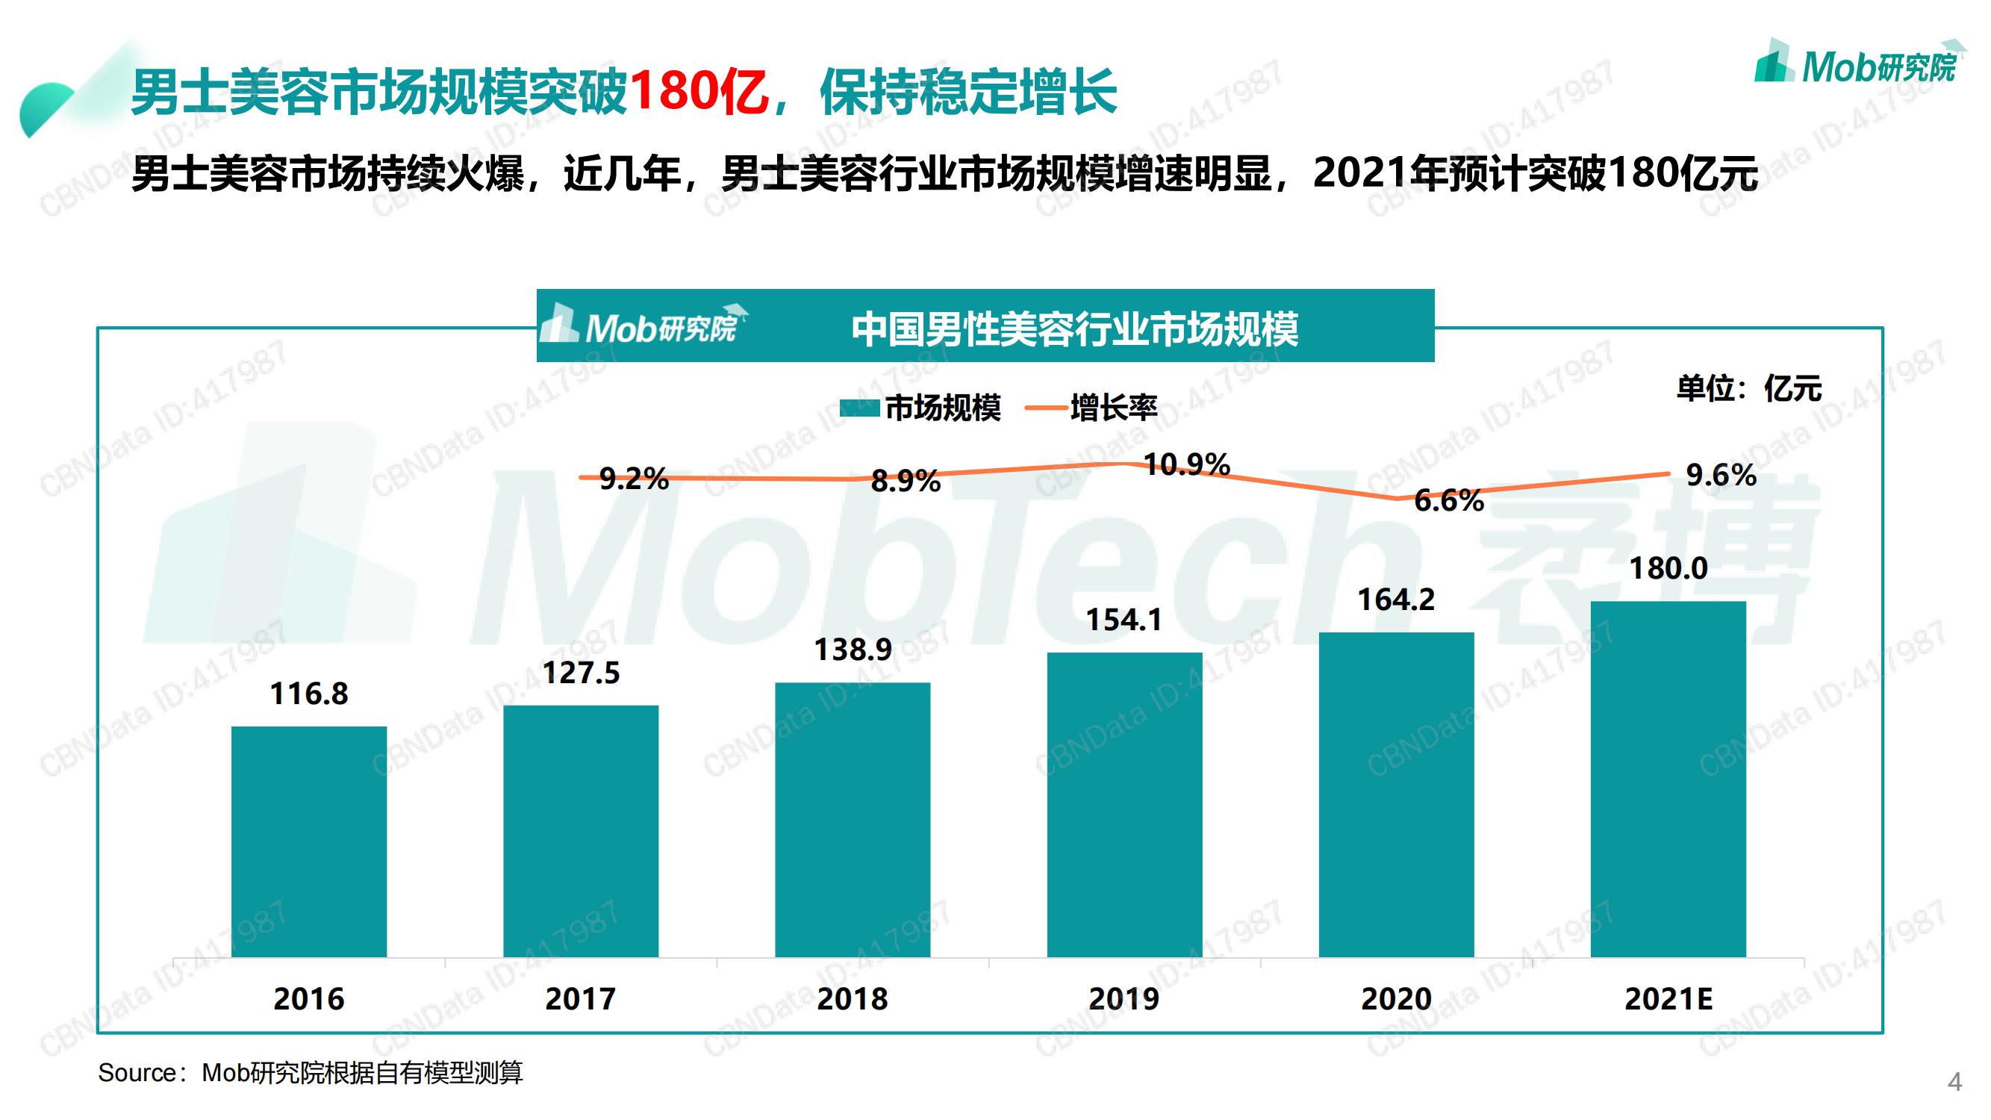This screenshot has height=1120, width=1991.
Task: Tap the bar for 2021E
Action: point(1668,778)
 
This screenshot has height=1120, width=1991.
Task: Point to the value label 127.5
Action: point(582,673)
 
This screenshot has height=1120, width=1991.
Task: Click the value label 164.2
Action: point(1396,600)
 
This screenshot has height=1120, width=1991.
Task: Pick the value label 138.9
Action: point(853,650)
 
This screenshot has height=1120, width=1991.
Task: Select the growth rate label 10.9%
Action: point(1186,464)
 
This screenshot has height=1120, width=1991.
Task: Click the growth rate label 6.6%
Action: point(1448,501)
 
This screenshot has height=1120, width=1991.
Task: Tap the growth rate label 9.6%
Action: point(1721,475)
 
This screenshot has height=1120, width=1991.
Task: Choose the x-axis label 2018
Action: point(853,998)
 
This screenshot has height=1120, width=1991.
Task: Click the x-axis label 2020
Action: point(1396,998)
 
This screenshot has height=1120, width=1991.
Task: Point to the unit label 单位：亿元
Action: point(1748,388)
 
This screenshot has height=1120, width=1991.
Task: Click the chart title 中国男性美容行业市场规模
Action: point(1074,329)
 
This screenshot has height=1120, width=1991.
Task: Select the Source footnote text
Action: point(310,1073)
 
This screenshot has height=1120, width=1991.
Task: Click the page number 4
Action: point(1954,1081)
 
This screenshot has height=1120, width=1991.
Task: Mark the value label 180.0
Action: point(1668,569)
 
